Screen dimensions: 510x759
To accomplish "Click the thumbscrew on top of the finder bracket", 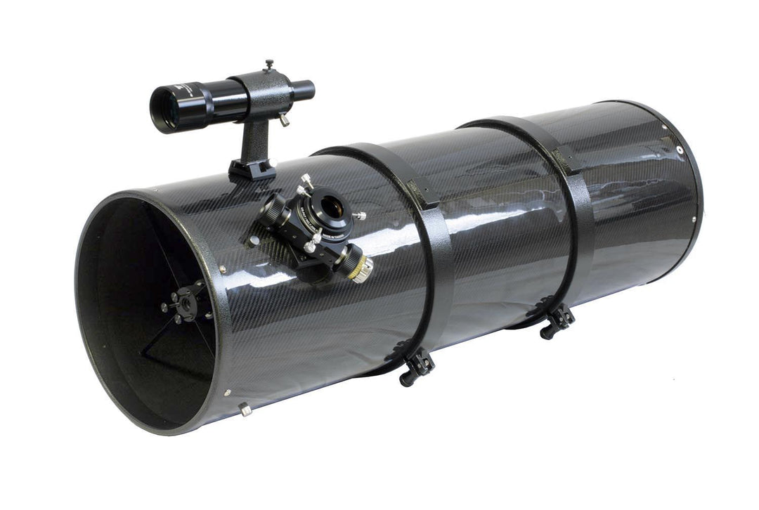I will click(269, 65).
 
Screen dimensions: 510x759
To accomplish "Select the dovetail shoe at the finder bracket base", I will click(252, 169).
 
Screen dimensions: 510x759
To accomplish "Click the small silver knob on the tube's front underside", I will click(245, 409).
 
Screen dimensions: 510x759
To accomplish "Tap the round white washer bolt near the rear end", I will click(680, 150).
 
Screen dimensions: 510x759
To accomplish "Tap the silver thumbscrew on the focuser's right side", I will click(358, 216).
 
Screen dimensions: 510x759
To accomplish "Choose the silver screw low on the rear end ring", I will click(694, 220).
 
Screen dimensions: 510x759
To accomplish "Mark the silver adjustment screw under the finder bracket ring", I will click(283, 120).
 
